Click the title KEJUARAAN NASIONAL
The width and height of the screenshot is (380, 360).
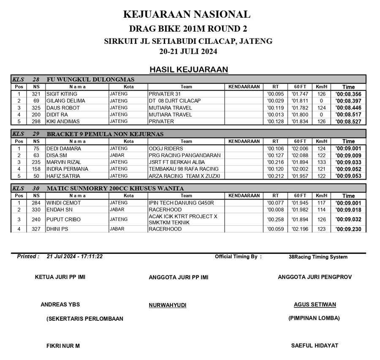click(187, 14)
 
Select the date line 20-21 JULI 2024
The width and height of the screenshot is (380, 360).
click(188, 52)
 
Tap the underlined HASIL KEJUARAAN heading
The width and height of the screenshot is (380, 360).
click(189, 69)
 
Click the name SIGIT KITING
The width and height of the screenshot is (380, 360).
click(62, 94)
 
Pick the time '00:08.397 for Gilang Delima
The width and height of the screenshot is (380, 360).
click(348, 101)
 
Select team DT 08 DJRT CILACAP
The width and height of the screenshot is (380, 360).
click(174, 101)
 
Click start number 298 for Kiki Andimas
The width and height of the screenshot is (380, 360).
click(36, 121)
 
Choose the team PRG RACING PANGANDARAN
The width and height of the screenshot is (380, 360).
click(185, 155)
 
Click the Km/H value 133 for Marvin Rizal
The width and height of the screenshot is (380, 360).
click(321, 162)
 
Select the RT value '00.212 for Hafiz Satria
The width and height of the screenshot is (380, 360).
click(275, 175)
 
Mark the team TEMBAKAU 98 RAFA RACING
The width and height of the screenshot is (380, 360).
click(184, 169)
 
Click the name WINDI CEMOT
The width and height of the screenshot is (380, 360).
click(63, 203)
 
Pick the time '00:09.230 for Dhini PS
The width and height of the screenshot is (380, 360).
click(348, 229)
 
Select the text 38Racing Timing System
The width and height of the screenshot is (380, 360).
click(318, 257)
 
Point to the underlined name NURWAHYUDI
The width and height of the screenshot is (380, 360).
click(167, 305)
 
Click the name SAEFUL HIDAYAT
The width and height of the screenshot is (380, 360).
click(315, 345)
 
